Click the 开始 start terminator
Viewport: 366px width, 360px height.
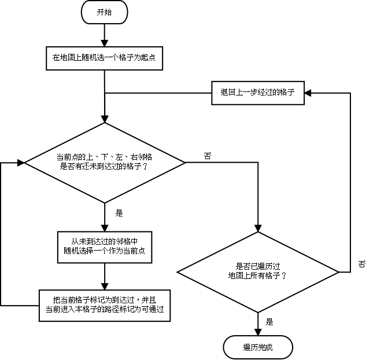(x=104, y=12)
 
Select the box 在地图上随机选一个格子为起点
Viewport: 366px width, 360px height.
(x=104, y=57)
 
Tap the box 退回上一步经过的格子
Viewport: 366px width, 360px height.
(x=257, y=92)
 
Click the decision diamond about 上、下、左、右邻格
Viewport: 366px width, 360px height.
(x=105, y=163)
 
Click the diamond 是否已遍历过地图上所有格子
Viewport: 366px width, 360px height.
(x=257, y=271)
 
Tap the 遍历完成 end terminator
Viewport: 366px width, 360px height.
(x=257, y=347)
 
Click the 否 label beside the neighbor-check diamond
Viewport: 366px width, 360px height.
(x=207, y=156)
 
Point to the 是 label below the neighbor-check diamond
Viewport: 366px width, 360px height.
(x=119, y=213)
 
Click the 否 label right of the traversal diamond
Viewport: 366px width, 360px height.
(x=361, y=264)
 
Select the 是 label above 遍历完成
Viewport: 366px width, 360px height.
(x=269, y=322)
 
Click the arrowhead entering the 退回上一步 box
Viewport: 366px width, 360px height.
(x=308, y=92)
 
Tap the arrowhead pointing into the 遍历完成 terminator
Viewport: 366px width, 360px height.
(x=257, y=332)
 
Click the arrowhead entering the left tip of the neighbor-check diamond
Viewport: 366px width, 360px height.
(x=22, y=163)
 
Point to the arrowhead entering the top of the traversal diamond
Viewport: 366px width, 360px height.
(x=257, y=228)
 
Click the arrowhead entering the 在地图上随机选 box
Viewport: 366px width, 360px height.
(x=104, y=43)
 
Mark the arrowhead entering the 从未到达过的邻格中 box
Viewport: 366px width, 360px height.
(x=105, y=227)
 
